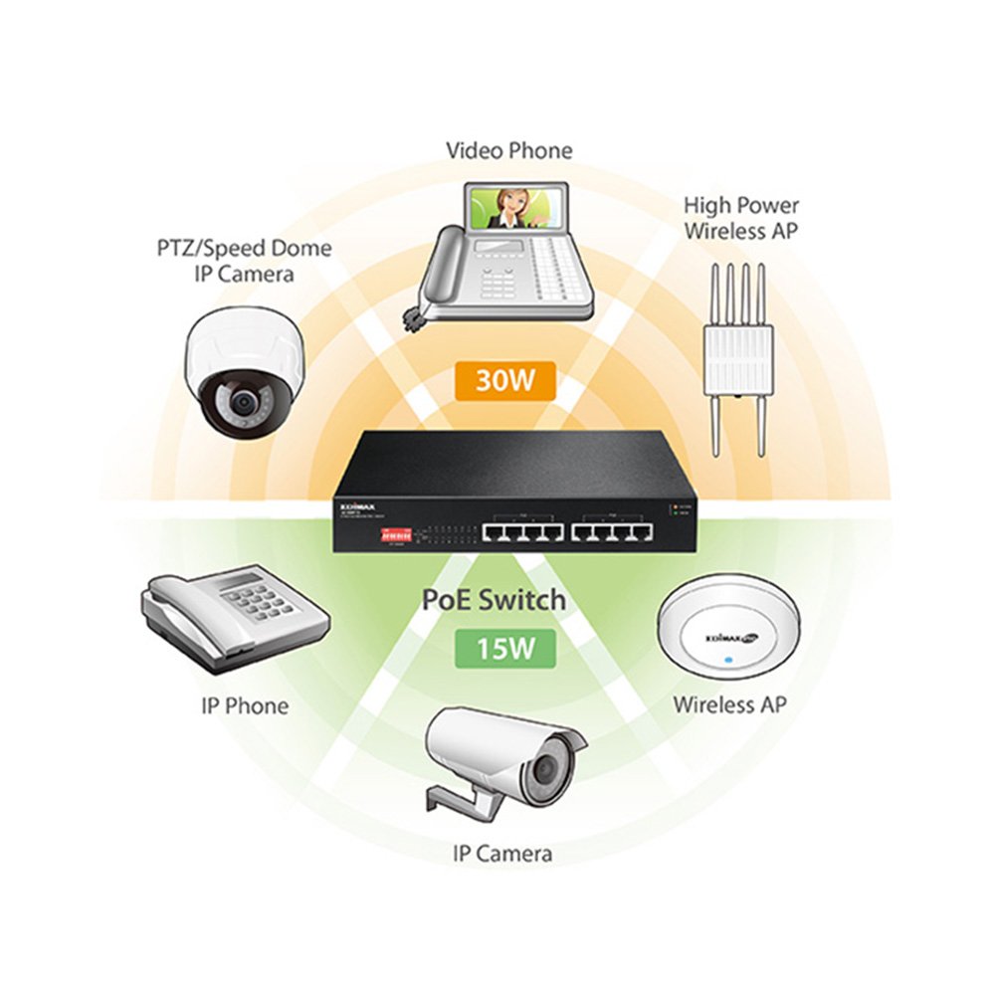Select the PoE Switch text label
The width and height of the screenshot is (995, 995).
[495, 600]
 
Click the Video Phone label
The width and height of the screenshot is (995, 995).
[508, 151]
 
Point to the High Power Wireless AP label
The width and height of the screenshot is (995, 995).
[740, 219]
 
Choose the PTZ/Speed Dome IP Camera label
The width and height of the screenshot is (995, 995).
[245, 261]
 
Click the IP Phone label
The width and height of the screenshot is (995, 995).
[245, 706]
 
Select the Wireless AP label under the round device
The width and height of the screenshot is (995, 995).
[729, 704]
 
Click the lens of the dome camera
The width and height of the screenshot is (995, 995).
[242, 402]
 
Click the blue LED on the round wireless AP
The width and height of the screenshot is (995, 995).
[729, 659]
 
